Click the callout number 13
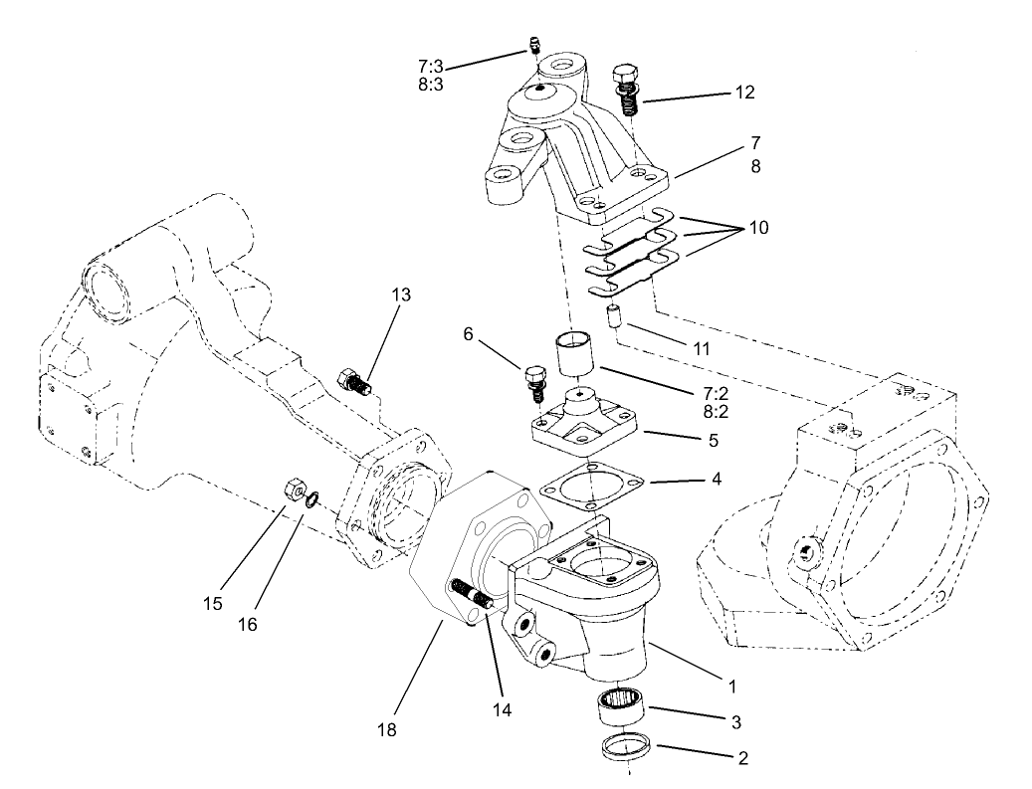tap(400, 295)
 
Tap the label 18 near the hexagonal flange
tap(386, 730)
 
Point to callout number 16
tap(247, 624)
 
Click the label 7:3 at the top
tap(431, 66)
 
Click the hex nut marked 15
tap(295, 488)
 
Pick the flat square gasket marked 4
tap(591, 487)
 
